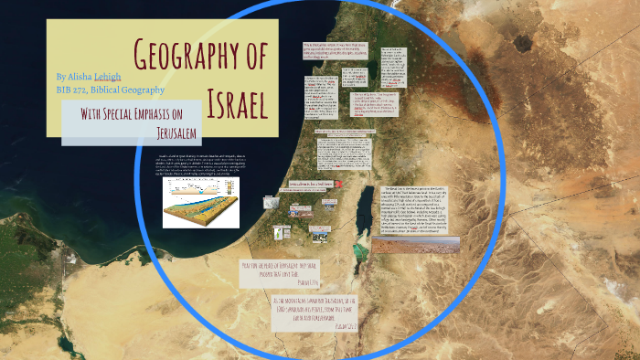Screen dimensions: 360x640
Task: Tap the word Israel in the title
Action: pos(235,102)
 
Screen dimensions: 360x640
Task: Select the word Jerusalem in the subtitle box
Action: pos(176,132)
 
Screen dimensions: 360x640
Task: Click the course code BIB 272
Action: pos(72,90)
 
